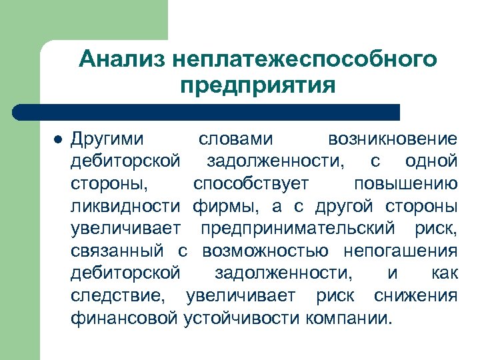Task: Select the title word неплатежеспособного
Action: pos(304,59)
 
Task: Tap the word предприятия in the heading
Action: pos(257,86)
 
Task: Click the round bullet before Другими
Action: pos(57,140)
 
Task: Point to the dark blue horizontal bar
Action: pos(207,112)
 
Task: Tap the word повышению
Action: pos(405,183)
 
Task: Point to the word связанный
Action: pos(117,251)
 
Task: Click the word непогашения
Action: pos(401,251)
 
